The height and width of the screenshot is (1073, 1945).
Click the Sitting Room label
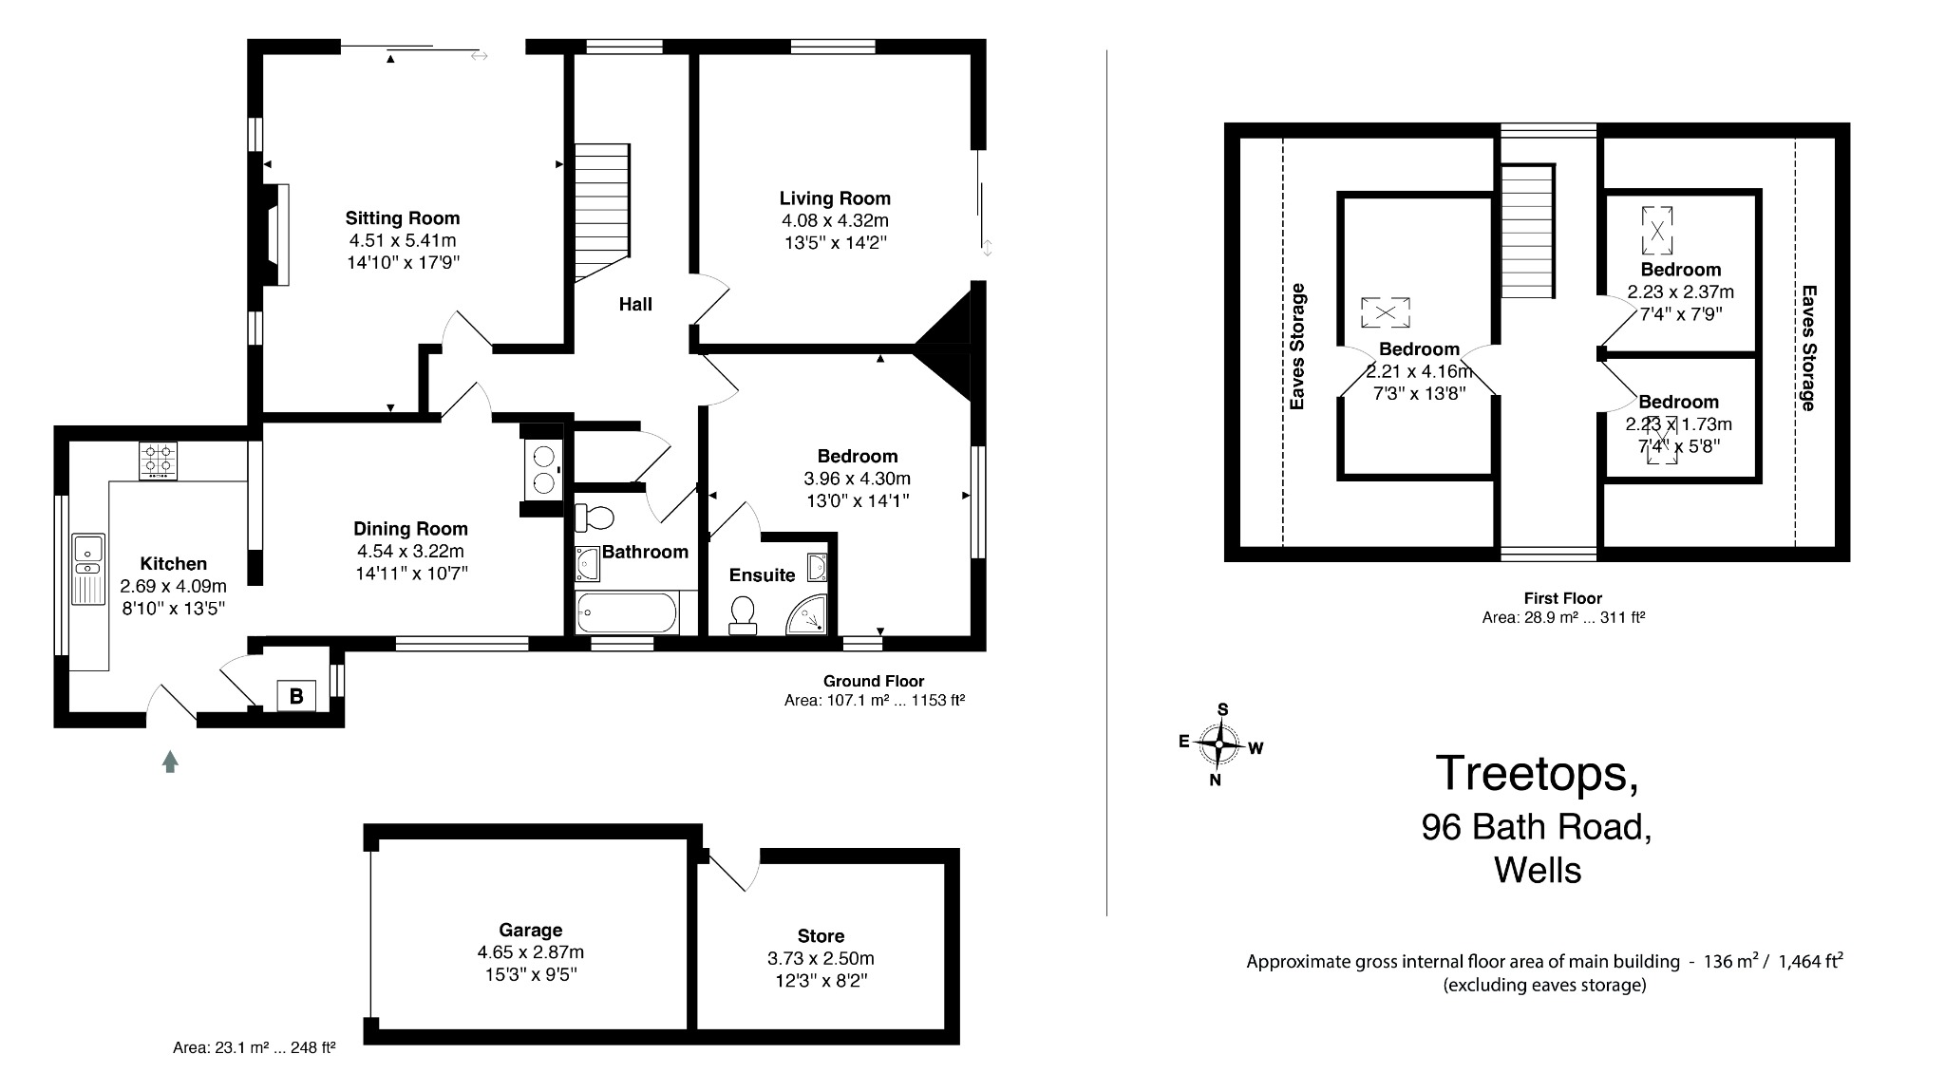pyautogui.click(x=402, y=217)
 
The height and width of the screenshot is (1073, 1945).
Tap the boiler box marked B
pyautogui.click(x=296, y=696)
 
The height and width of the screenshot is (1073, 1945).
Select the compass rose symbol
pyautogui.click(x=1219, y=744)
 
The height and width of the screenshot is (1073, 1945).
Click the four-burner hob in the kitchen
pyautogui.click(x=159, y=461)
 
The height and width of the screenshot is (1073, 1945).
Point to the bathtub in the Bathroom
pyautogui.click(x=627, y=612)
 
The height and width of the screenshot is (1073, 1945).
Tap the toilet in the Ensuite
pyautogui.click(x=742, y=614)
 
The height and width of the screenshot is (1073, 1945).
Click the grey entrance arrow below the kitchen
pyautogui.click(x=170, y=761)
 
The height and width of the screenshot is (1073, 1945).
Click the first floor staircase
pyautogui.click(x=1527, y=231)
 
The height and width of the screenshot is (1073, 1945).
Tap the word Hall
pyautogui.click(x=635, y=304)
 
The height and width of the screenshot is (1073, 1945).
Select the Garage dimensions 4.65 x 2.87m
pyautogui.click(x=530, y=952)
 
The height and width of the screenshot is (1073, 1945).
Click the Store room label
pyautogui.click(x=821, y=935)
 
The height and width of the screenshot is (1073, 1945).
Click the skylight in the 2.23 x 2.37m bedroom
pyautogui.click(x=1656, y=231)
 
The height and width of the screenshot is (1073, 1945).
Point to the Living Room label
pyautogui.click(x=835, y=198)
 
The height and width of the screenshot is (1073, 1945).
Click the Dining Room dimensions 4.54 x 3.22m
pyautogui.click(x=410, y=551)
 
